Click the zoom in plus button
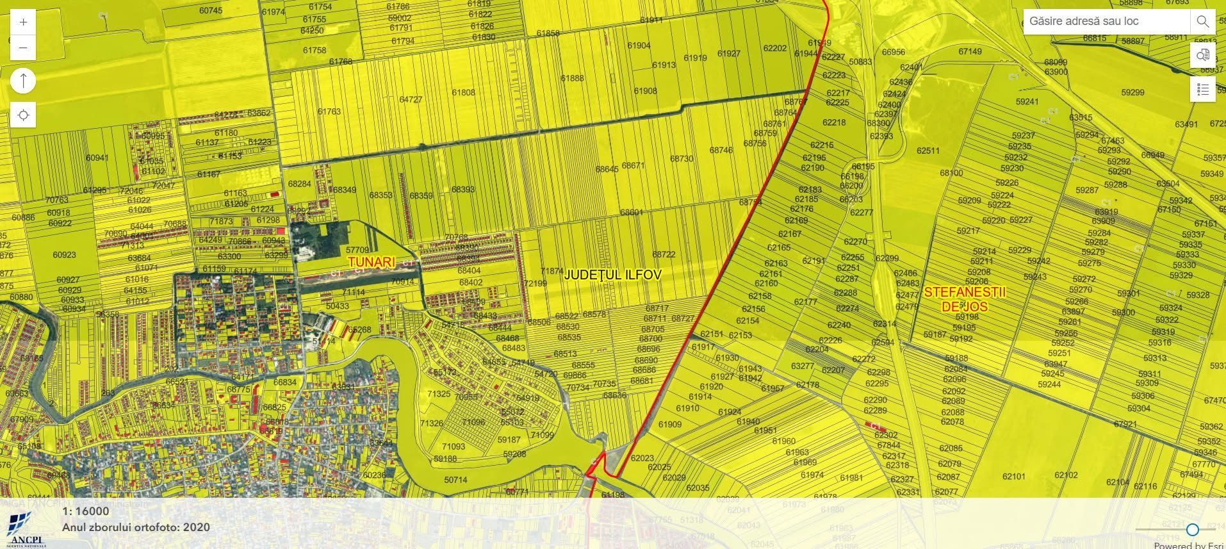point(24,22)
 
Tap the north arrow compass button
point(24,81)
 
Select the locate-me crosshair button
point(24,115)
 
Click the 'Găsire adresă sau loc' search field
point(1106,21)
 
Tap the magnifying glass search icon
point(1202,22)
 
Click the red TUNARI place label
point(372,262)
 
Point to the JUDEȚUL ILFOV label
point(613,274)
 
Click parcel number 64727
point(411,100)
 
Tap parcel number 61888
point(572,78)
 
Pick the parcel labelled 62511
point(928,151)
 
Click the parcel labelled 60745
point(211,10)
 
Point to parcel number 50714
point(455,480)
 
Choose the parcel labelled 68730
point(682,158)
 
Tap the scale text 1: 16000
point(86,511)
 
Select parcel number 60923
point(64,254)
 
